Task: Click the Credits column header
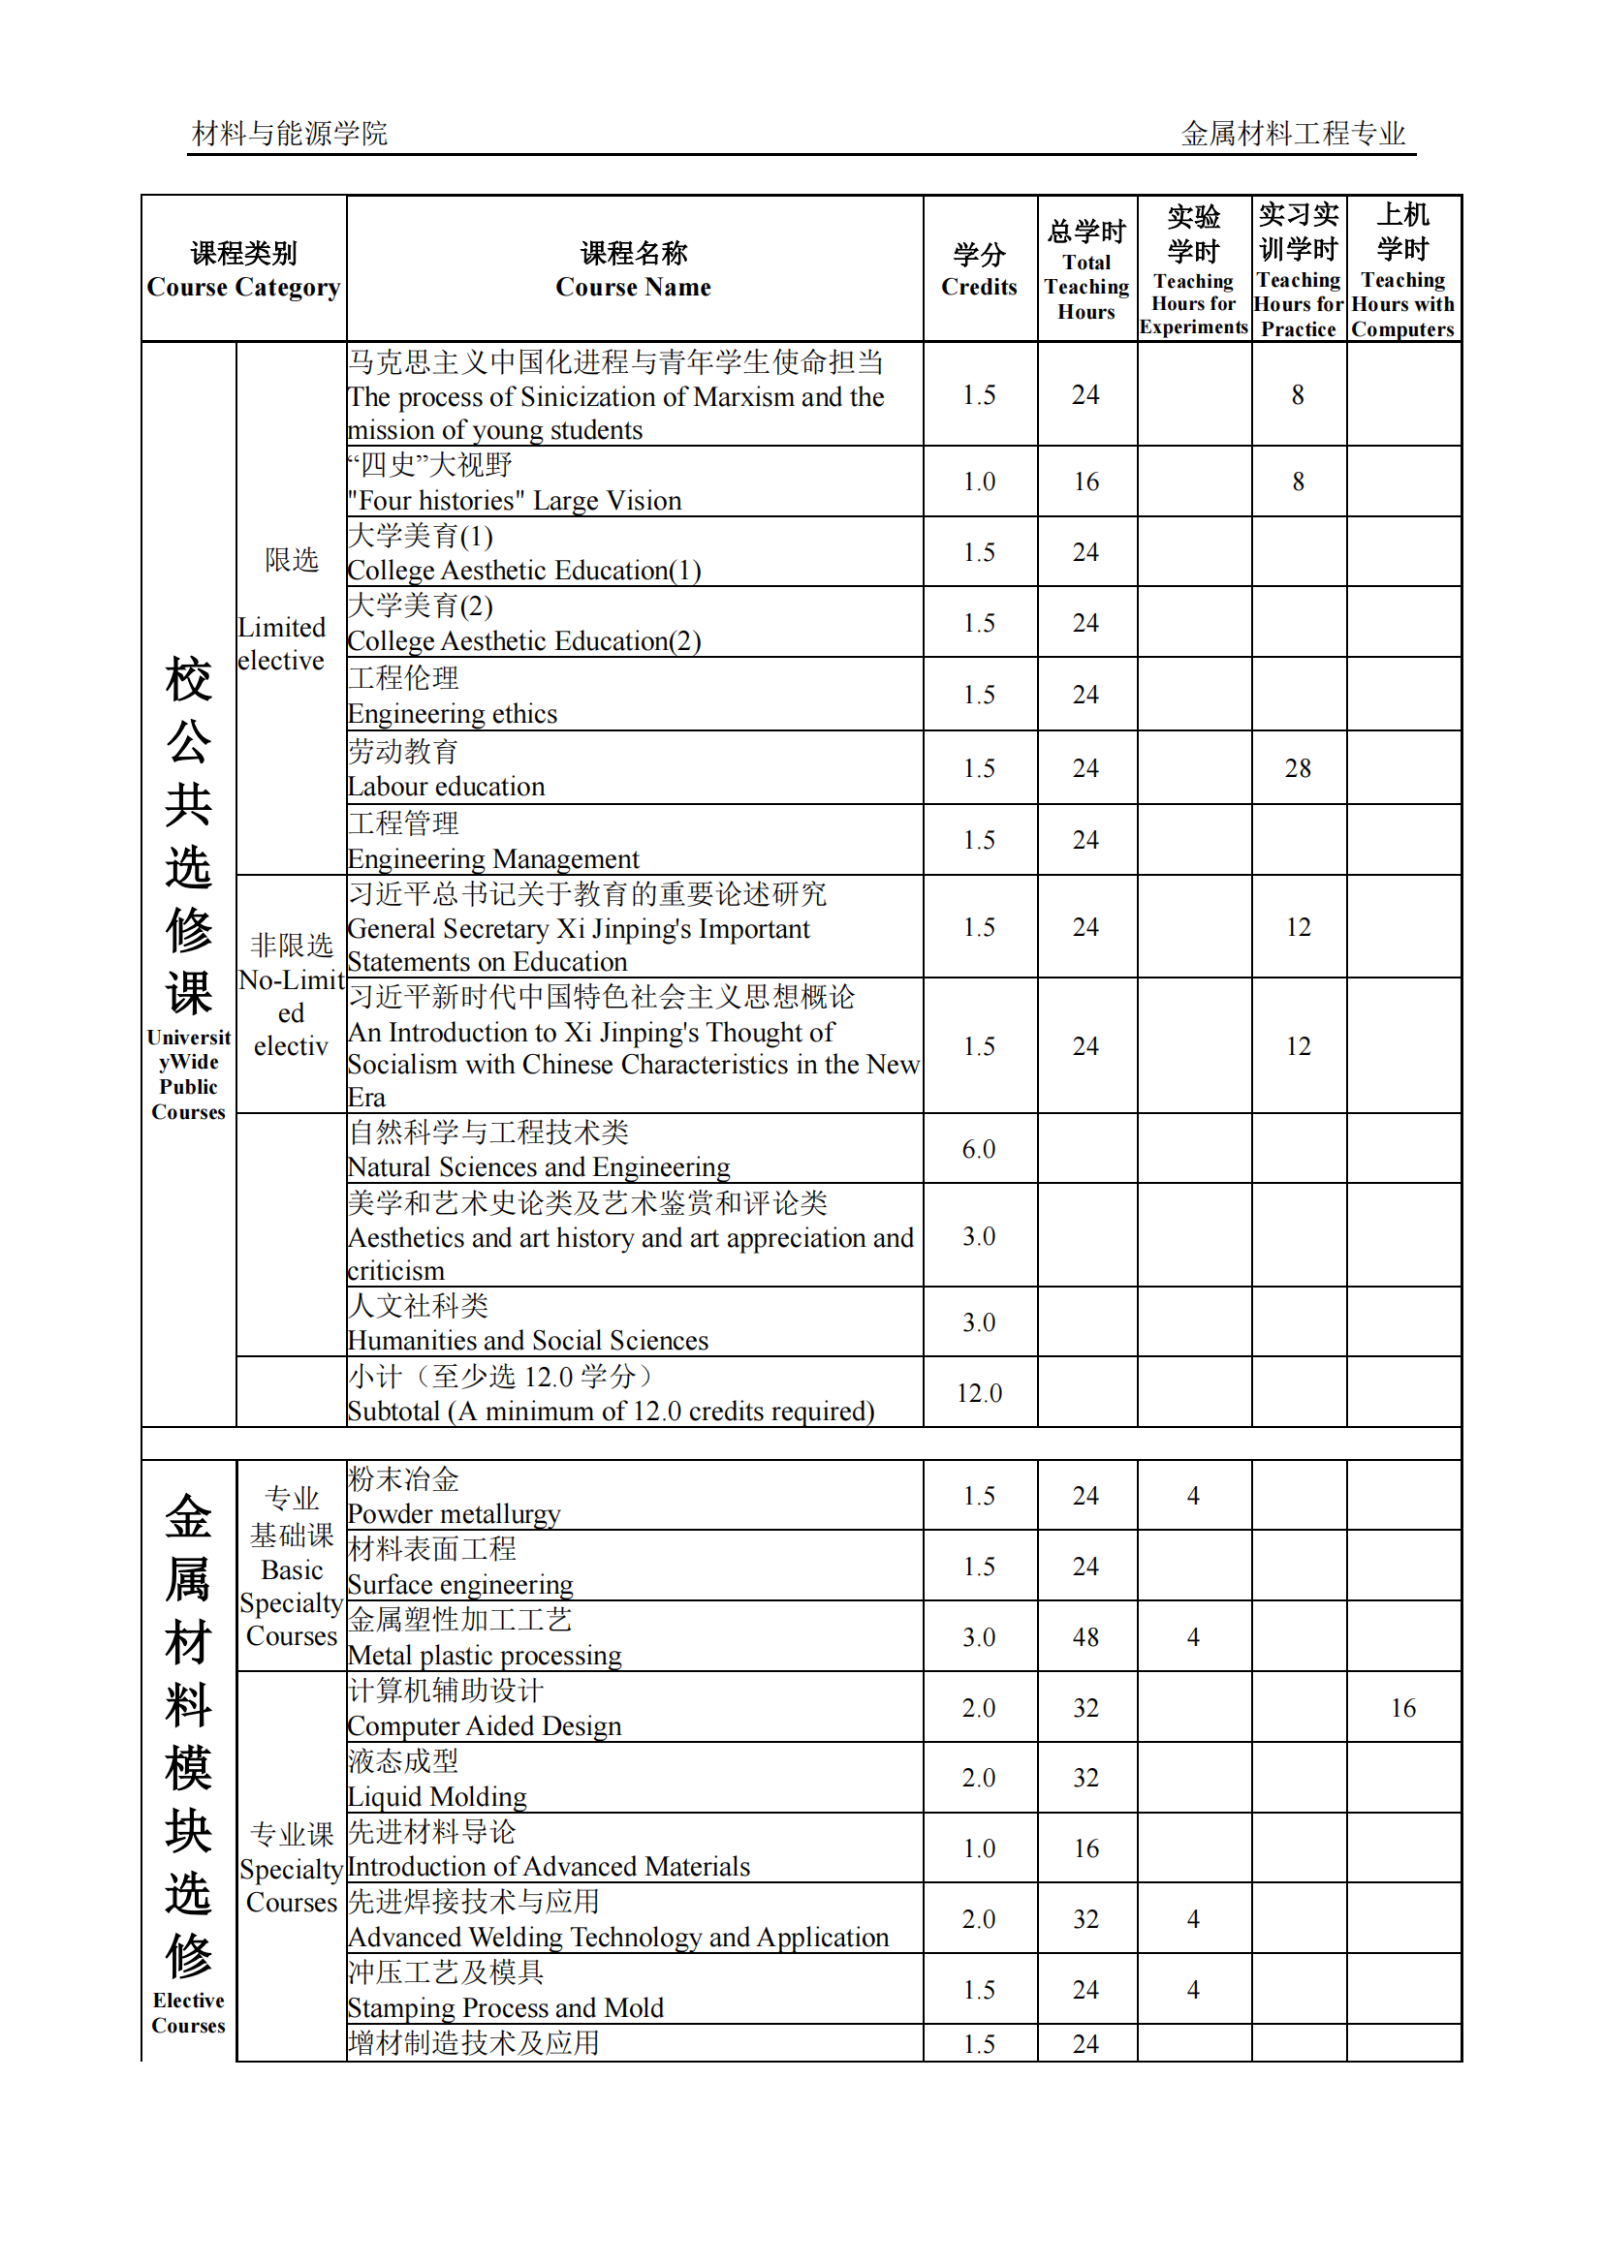click(x=978, y=269)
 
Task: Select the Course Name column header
click(x=633, y=269)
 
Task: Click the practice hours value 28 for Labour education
click(x=1297, y=768)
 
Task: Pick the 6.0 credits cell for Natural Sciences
click(x=978, y=1149)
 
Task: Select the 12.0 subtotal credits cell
click(x=978, y=1392)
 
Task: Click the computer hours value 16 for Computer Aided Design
click(x=1402, y=1707)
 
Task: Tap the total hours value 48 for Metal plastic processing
click(x=1084, y=1637)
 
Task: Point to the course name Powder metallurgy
click(x=453, y=1514)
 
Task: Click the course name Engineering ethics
click(x=452, y=714)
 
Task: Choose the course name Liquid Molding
click(x=436, y=1796)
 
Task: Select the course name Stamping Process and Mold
click(x=505, y=2007)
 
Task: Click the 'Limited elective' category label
click(x=281, y=643)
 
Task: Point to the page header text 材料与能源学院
click(x=289, y=134)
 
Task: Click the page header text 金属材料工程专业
click(x=1292, y=134)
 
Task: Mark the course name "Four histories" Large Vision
click(x=515, y=500)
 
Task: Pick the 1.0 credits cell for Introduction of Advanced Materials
click(x=978, y=1848)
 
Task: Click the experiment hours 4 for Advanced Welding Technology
click(x=1192, y=1919)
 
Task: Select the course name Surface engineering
click(x=460, y=1585)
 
